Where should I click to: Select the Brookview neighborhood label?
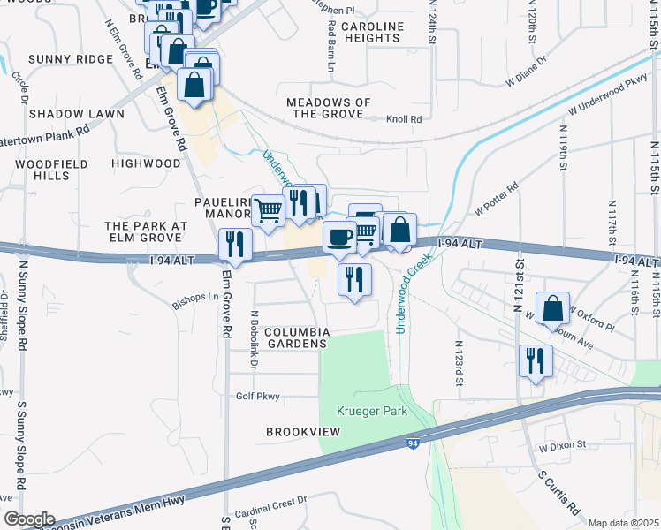pyautogui.click(x=303, y=432)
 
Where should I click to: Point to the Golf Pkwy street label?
pyautogui.click(x=257, y=397)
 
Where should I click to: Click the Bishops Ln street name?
pyautogui.click(x=194, y=297)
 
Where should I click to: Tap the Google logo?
pyautogui.click(x=28, y=519)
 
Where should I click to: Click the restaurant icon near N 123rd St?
pyautogui.click(x=535, y=360)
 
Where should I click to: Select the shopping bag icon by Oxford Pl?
pyautogui.click(x=552, y=308)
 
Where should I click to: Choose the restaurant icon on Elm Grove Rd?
pyautogui.click(x=235, y=243)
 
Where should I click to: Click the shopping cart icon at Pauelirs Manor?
pyautogui.click(x=269, y=210)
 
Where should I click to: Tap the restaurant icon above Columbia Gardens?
pyautogui.click(x=354, y=279)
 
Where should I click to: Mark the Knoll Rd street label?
pyautogui.click(x=403, y=119)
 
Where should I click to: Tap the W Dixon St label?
pyautogui.click(x=563, y=446)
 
